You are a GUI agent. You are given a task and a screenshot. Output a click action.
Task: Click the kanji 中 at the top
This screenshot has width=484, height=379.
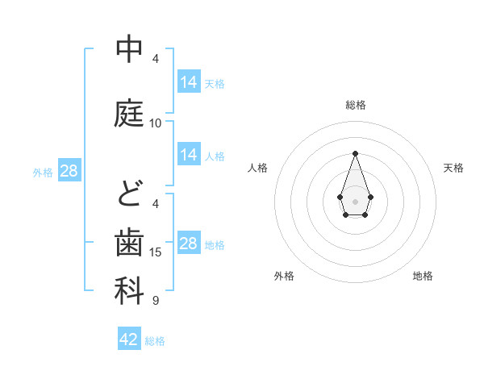tap(129, 50)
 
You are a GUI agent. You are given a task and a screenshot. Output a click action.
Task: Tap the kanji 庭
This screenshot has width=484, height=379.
tap(129, 115)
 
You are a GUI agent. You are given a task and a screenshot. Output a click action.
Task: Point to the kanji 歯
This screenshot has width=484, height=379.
tap(129, 243)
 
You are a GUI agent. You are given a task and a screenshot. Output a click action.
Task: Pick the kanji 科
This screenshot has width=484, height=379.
tap(129, 291)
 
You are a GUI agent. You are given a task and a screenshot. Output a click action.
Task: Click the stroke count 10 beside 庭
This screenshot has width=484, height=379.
tap(156, 123)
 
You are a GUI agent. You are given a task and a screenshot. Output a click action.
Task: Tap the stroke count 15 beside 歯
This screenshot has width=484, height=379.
tap(156, 252)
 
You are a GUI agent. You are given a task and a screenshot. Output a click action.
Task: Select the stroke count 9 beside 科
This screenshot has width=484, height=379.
tap(156, 301)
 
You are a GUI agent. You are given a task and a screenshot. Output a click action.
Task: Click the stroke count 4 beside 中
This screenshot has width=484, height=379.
tap(156, 58)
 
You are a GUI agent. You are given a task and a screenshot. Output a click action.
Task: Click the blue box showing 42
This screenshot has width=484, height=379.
tap(129, 339)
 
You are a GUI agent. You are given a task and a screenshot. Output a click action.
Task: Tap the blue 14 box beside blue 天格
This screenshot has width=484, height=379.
tap(189, 81)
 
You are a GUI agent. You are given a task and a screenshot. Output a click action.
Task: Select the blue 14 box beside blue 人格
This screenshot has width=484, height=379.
tap(189, 155)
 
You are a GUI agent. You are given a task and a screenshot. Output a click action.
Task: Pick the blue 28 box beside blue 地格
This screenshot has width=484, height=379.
tap(189, 244)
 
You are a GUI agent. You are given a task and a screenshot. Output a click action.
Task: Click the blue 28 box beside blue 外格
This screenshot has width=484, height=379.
tap(69, 171)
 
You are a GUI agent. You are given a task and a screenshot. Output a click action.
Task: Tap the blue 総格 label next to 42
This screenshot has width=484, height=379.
tap(155, 341)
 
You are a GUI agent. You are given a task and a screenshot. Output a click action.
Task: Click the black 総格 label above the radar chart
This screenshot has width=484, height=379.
tap(356, 105)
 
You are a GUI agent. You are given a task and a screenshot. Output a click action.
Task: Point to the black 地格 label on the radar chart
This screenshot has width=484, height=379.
tap(423, 276)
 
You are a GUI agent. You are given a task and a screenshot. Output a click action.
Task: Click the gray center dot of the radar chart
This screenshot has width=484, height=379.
tap(355, 200)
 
